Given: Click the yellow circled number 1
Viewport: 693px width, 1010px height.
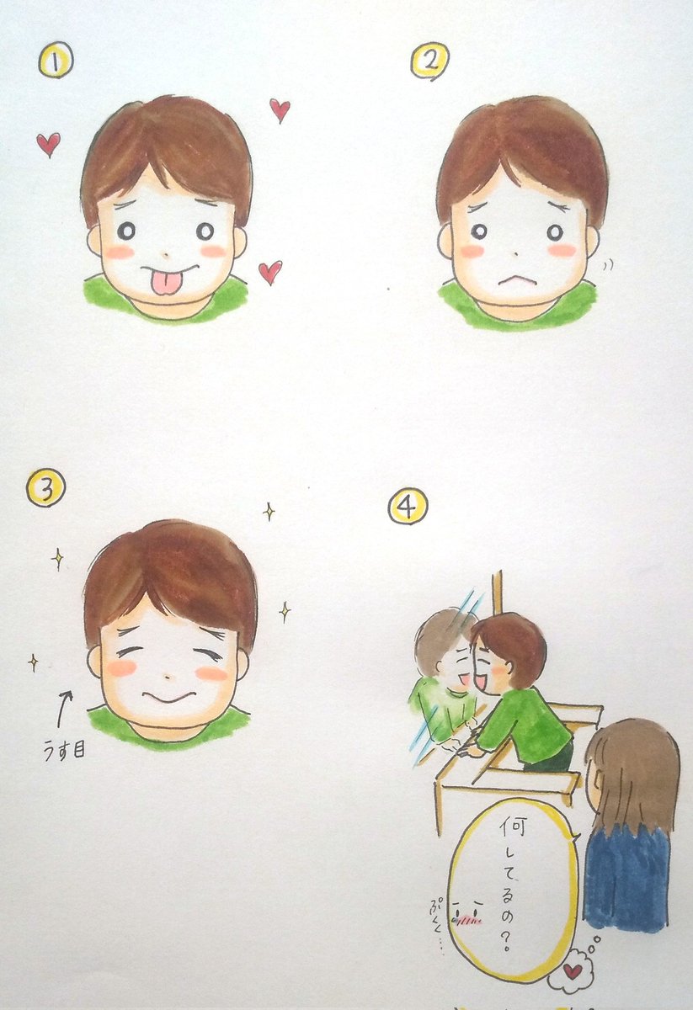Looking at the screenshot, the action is click(56, 60).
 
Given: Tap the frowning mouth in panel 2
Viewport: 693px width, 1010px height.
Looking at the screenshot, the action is click(514, 282).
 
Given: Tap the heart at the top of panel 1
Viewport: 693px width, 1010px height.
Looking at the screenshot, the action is click(280, 109).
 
